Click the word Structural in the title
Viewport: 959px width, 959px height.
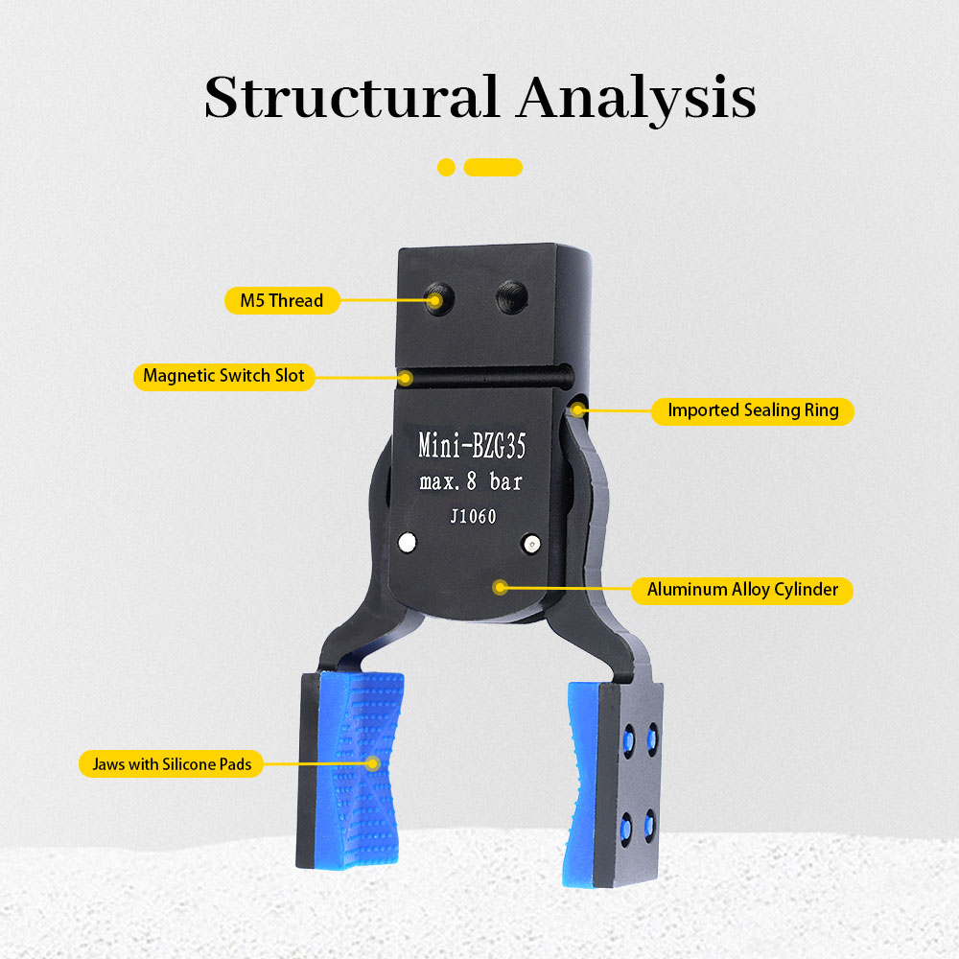tap(350, 97)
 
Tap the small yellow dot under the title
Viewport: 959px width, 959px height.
tap(446, 168)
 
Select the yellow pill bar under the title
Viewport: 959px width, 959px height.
tap(493, 168)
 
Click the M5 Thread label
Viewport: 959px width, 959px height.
tap(282, 300)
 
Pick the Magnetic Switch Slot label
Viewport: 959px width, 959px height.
tap(223, 376)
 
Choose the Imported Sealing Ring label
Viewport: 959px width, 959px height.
tap(753, 410)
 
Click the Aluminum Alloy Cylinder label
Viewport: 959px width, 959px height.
tap(742, 590)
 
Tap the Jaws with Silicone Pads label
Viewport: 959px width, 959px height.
tap(171, 763)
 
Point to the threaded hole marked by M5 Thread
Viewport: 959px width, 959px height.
tap(437, 300)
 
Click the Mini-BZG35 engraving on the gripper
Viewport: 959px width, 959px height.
tap(472, 446)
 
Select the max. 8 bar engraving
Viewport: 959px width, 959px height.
tap(472, 481)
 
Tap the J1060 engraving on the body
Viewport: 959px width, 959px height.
tap(473, 517)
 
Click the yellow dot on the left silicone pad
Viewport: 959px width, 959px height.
tap(372, 763)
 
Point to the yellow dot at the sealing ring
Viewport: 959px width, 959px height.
tap(577, 410)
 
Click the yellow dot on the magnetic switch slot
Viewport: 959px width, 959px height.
tap(408, 376)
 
